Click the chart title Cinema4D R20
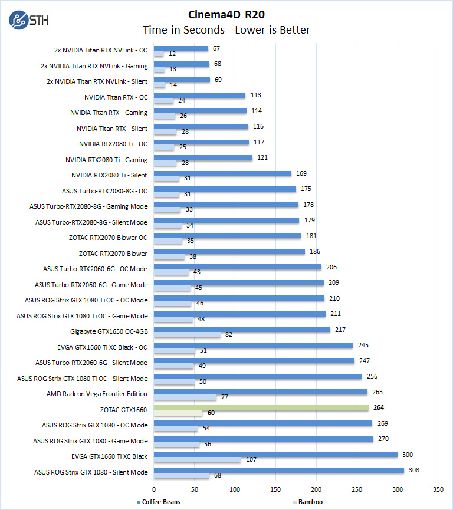click(x=226, y=14)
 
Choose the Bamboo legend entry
click(x=309, y=502)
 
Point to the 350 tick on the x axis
click(x=438, y=489)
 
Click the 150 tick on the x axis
click(x=275, y=489)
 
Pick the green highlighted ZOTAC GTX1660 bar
click(x=261, y=407)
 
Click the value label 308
click(x=412, y=470)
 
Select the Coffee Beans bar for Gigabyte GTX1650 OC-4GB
click(x=242, y=330)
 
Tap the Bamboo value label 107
click(x=250, y=460)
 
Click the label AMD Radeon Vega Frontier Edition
click(x=97, y=394)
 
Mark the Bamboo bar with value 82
click(x=187, y=335)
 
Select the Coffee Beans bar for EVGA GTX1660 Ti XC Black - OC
click(x=253, y=345)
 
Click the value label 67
click(x=216, y=48)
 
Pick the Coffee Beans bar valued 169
click(x=222, y=173)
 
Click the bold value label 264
click(x=379, y=407)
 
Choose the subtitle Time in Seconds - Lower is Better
click(x=226, y=29)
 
